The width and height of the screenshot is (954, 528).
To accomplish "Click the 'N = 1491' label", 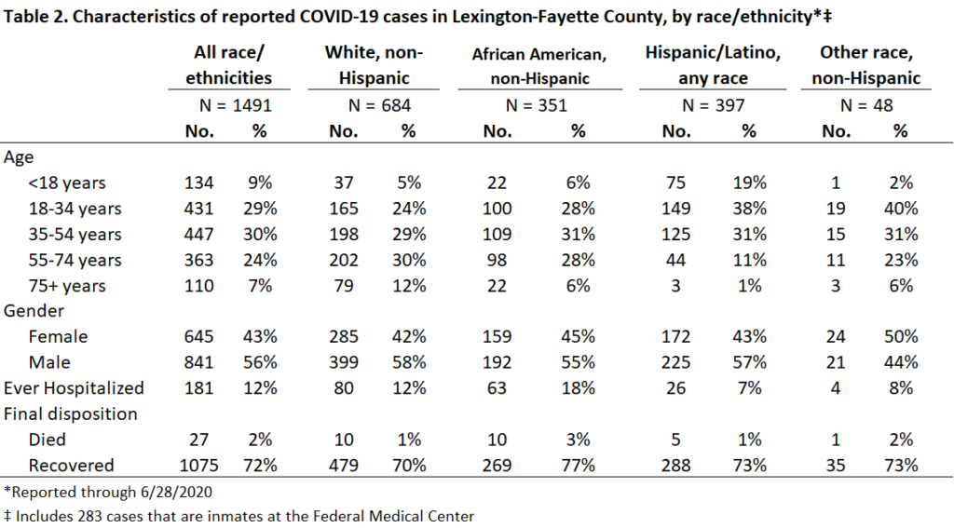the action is (x=236, y=105).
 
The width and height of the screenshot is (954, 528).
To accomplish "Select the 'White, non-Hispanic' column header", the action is (x=374, y=65).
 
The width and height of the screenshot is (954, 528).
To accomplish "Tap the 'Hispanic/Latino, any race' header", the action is (x=713, y=65).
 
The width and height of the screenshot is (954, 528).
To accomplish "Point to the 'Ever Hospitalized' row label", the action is (x=74, y=388).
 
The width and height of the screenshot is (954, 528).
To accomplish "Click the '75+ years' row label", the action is (x=67, y=286).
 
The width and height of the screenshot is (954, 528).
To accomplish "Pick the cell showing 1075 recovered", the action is (x=199, y=466).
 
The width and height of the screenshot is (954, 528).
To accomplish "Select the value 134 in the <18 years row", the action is (x=199, y=183).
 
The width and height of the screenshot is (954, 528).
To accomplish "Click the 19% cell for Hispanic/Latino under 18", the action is (x=749, y=183).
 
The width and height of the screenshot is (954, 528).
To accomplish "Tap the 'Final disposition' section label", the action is (x=71, y=413).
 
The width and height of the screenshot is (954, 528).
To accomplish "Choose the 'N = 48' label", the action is (x=866, y=105).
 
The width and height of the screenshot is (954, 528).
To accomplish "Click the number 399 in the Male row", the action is (x=344, y=362).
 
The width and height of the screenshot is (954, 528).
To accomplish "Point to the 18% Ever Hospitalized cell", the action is (x=578, y=388).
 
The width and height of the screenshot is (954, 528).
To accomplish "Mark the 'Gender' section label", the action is (x=34, y=311).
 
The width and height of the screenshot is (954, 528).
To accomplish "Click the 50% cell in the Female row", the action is (x=901, y=336).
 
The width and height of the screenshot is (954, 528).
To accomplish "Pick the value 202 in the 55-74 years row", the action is (x=344, y=260).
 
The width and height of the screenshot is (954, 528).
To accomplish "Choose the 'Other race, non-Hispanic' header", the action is (x=866, y=65).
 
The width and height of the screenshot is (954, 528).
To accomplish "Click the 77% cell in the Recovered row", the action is (x=578, y=466).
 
